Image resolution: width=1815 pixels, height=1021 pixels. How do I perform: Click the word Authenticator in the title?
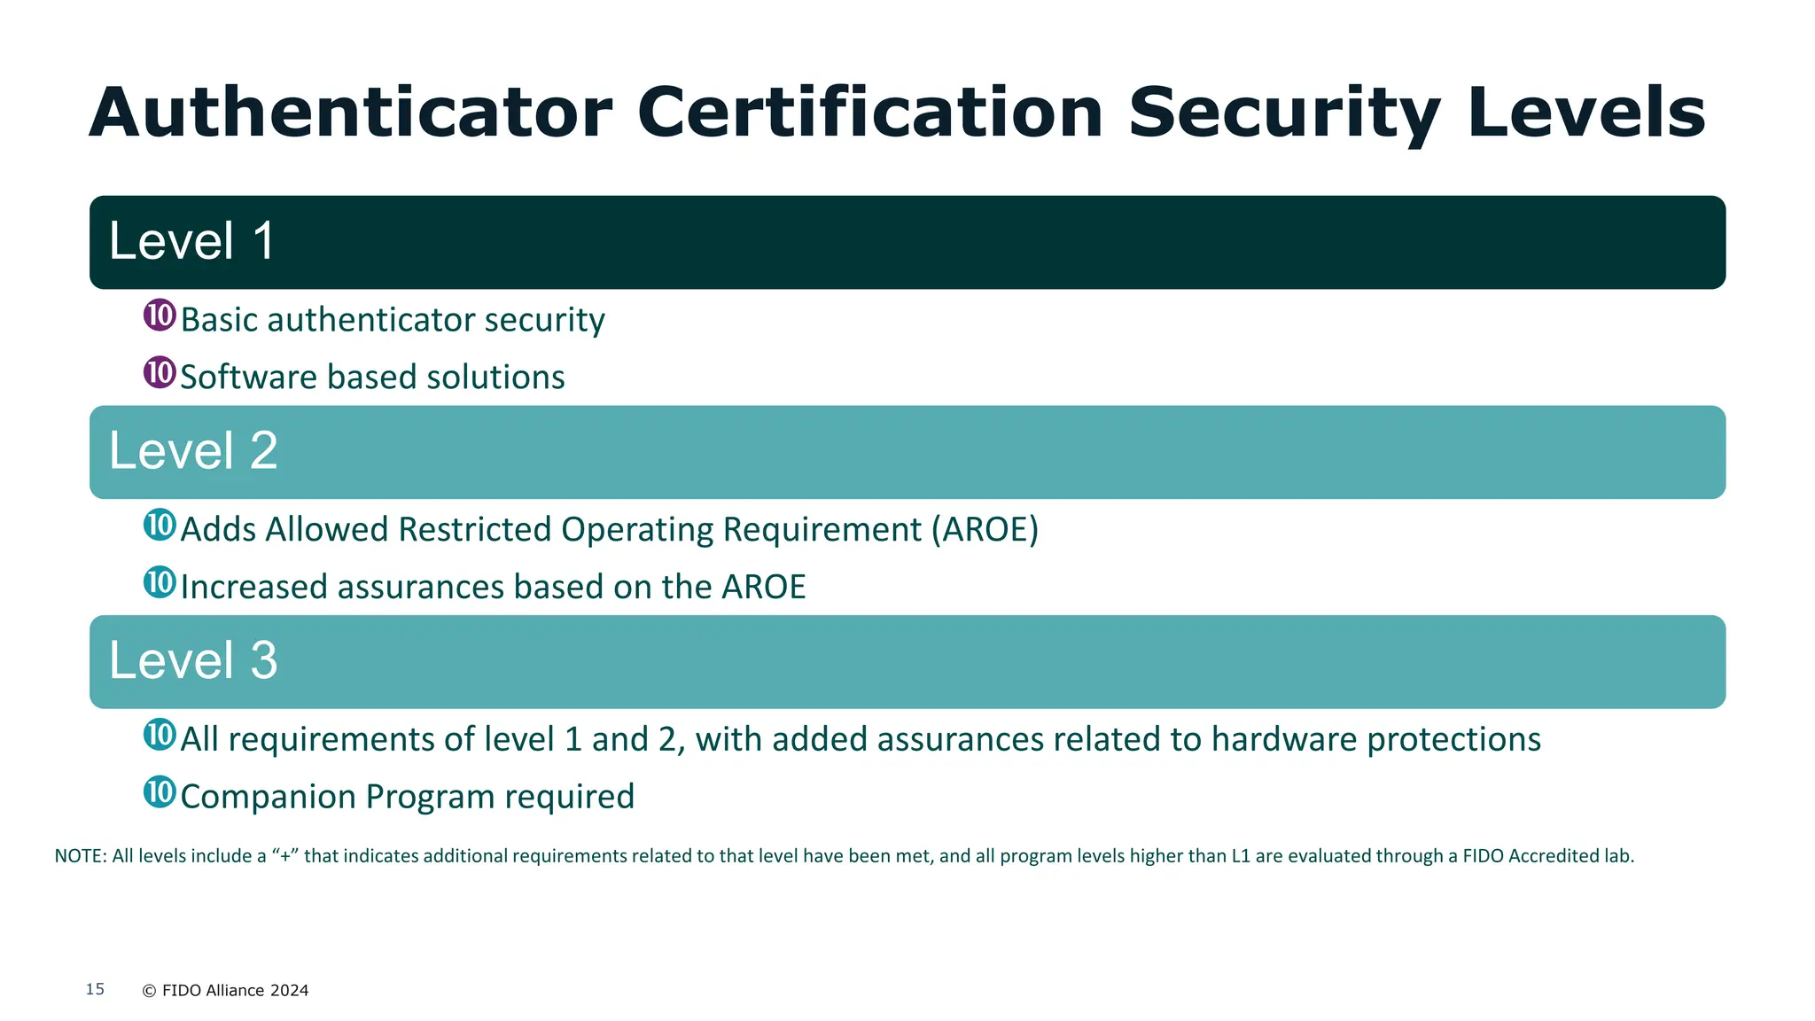coord(350,113)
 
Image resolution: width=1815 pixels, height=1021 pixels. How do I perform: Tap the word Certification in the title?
coord(870,113)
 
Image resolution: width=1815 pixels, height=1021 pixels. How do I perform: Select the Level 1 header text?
coord(191,241)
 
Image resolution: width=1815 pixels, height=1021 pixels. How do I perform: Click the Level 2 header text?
coord(193,450)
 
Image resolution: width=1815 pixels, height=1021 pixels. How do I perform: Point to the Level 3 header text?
coord(193,660)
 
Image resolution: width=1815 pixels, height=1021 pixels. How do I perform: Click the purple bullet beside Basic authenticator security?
coord(160,315)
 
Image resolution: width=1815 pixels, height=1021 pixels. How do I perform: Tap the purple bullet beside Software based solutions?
coord(160,372)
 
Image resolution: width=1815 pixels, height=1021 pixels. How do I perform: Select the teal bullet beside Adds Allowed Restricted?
coord(160,525)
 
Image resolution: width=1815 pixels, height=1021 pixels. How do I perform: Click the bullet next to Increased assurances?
coord(160,582)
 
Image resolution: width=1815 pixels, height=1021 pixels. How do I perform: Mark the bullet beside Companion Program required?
coord(160,791)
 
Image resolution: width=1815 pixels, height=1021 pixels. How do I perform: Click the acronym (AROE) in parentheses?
coord(984,530)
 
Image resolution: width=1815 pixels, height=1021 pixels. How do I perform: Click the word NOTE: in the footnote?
coord(81,856)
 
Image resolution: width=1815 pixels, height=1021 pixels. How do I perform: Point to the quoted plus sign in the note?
coord(284,856)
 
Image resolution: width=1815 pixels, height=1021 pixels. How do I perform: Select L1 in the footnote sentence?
coord(1241,856)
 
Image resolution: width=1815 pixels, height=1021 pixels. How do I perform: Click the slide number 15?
coord(95,989)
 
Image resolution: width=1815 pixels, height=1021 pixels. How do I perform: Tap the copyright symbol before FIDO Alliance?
coord(149,991)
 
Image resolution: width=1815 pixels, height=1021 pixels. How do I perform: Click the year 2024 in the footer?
coord(289,991)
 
